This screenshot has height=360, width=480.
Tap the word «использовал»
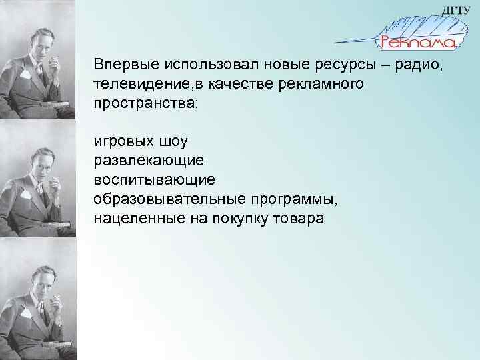click(x=201, y=66)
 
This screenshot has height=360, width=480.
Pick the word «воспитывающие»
click(x=154, y=181)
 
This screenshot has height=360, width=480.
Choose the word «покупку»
click(x=232, y=219)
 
